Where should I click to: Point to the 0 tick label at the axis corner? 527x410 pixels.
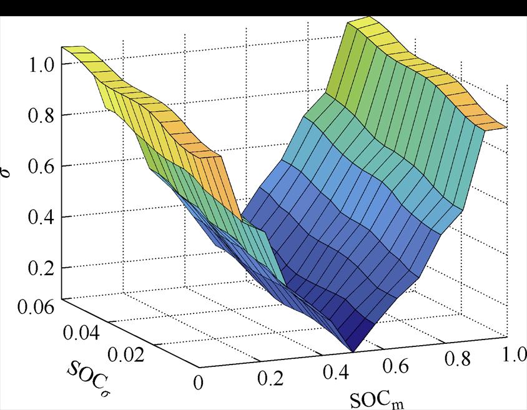(199, 382)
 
